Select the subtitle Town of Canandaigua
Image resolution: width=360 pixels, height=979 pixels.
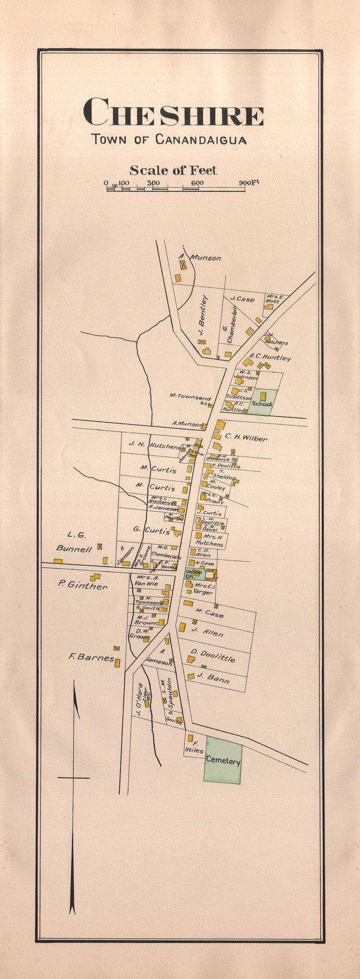click(x=169, y=140)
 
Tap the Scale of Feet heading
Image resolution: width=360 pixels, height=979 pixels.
click(x=173, y=170)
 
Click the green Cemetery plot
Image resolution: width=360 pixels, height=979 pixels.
click(x=223, y=761)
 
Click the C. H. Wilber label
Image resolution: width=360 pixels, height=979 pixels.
click(x=246, y=437)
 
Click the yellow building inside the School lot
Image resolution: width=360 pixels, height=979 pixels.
click(x=263, y=396)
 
